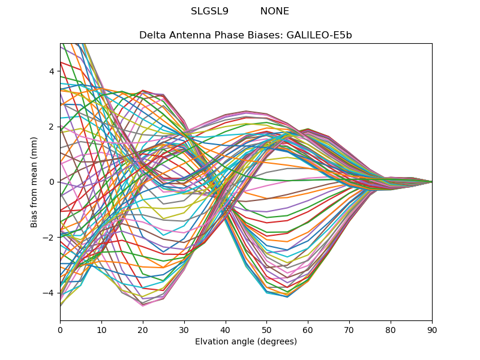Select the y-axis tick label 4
click(x=52, y=71)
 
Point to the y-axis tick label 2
click(x=52, y=127)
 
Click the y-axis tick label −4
click(x=49, y=293)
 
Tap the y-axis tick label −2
click(x=49, y=238)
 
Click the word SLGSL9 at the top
click(x=209, y=11)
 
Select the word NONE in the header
click(x=274, y=11)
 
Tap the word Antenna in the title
click(x=187, y=35)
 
